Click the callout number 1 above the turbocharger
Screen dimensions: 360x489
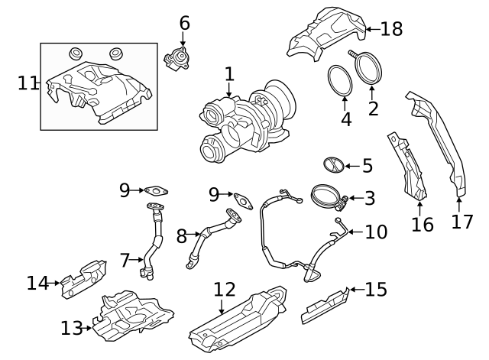tap(228, 75)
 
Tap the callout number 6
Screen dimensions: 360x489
tap(184, 23)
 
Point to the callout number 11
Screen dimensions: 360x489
tap(28, 83)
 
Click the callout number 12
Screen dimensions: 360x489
tap(225, 290)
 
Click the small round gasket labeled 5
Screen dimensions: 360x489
tap(332, 164)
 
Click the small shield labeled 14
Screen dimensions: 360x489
tap(83, 277)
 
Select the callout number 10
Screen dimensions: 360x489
tap(375, 232)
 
